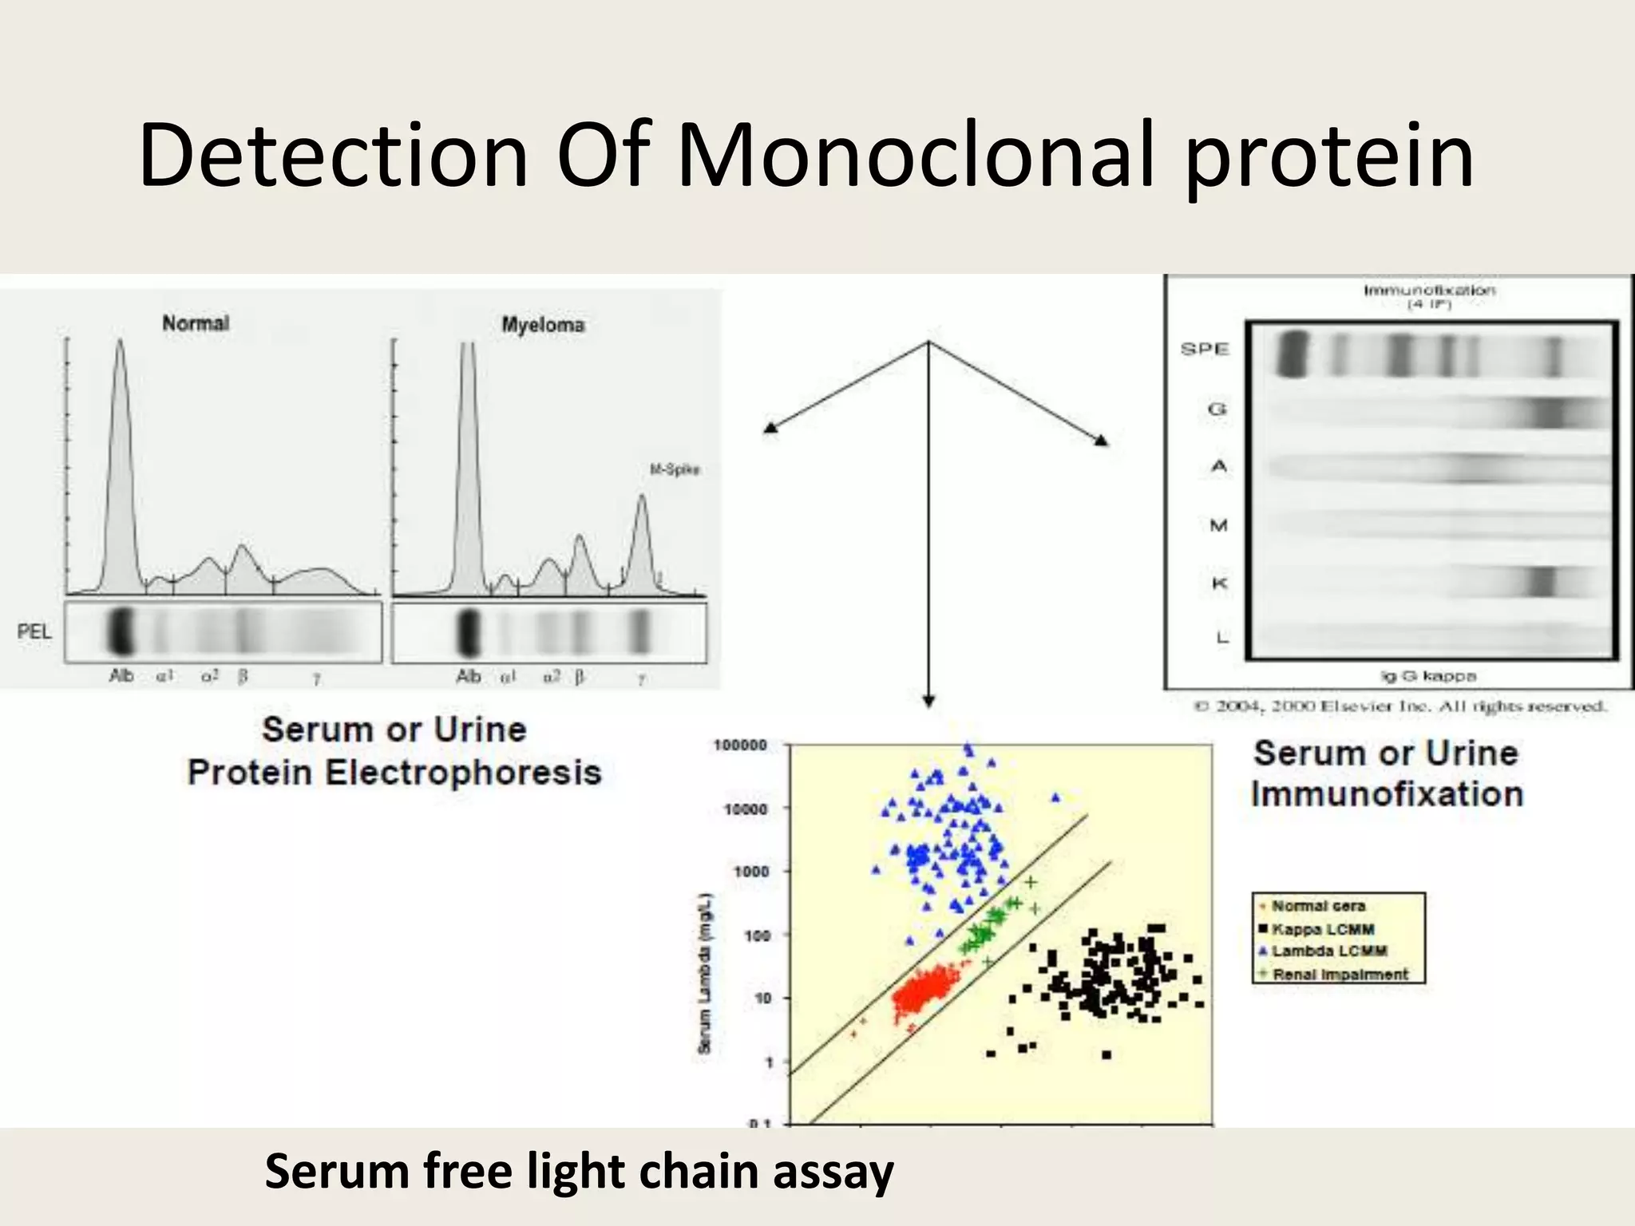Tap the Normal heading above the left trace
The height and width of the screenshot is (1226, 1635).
(196, 323)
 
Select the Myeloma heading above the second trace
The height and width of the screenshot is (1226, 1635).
(543, 325)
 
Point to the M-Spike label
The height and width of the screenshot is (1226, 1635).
(675, 469)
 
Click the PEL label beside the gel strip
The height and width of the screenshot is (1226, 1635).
(34, 631)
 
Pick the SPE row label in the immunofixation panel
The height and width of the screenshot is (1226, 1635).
(1205, 349)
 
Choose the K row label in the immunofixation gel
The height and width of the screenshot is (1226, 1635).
(1219, 583)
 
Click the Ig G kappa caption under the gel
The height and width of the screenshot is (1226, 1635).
(1428, 676)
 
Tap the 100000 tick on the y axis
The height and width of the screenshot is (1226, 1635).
(740, 745)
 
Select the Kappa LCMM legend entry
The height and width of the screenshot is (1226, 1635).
(1322, 929)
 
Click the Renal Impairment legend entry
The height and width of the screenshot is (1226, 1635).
(1340, 975)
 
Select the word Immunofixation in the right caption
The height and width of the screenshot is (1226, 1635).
(1387, 794)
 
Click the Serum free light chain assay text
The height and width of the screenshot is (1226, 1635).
(579, 1172)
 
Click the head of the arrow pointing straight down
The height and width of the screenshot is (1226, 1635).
(928, 701)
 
